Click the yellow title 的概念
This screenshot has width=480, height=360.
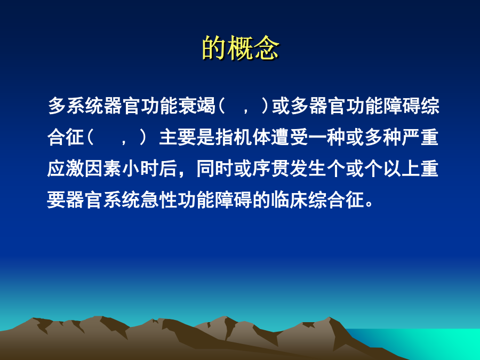tap(241, 48)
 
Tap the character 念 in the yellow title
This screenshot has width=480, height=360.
tap(267, 48)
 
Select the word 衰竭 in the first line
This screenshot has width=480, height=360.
tap(197, 106)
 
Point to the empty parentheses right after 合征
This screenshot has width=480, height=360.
tap(117, 138)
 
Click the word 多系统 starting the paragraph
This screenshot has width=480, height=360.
tap(76, 106)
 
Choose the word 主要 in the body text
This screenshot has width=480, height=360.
tap(178, 138)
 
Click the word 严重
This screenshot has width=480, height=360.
tap(420, 138)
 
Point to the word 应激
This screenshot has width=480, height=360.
tap(66, 169)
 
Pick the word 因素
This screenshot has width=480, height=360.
tap(103, 169)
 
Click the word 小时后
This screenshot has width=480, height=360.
tap(150, 169)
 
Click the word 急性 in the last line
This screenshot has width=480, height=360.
tap(159, 200)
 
